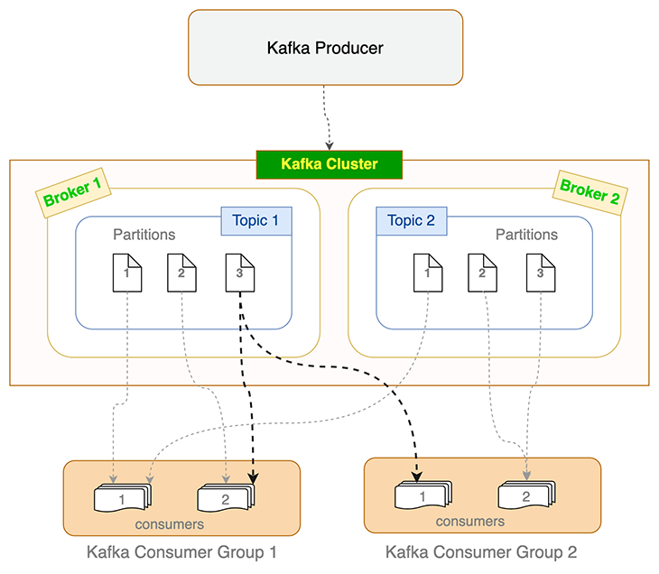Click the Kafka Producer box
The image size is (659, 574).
(x=325, y=48)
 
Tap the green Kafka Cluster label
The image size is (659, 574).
(x=329, y=164)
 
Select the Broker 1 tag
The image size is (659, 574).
(x=73, y=191)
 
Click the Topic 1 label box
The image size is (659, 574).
(x=256, y=221)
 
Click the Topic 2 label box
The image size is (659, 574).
(x=411, y=221)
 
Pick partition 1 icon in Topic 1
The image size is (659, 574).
(x=127, y=273)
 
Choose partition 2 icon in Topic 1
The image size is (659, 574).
(x=181, y=273)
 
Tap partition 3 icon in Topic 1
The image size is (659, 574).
(x=239, y=273)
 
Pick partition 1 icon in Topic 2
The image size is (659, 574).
(x=428, y=273)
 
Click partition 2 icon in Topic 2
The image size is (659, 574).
(x=483, y=273)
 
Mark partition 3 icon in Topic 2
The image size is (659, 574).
(x=540, y=273)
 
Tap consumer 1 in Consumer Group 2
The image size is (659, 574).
(x=422, y=495)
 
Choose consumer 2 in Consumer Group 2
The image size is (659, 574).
(x=526, y=495)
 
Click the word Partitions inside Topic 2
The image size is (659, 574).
(x=526, y=235)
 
